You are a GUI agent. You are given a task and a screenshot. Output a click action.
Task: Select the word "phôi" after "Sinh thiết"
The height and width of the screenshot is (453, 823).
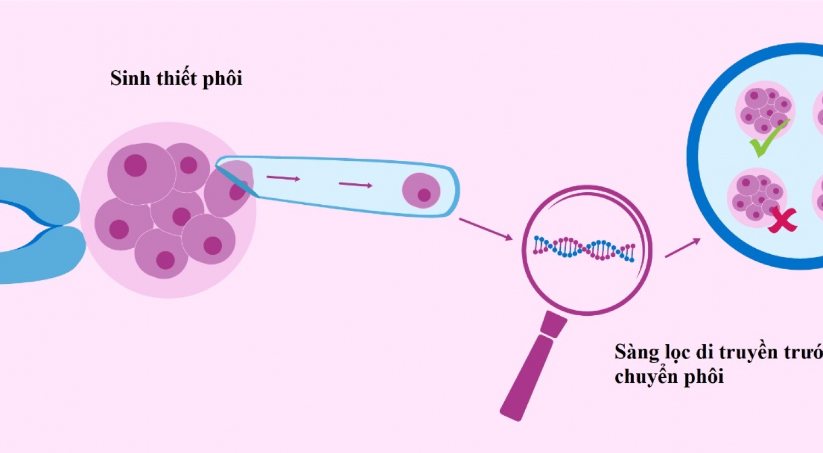pyautogui.click(x=223, y=79)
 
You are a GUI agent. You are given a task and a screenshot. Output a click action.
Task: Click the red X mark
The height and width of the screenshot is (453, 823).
pyautogui.click(x=782, y=220)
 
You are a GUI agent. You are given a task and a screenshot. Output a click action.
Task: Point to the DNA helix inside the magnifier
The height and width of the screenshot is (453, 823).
pyautogui.click(x=584, y=249)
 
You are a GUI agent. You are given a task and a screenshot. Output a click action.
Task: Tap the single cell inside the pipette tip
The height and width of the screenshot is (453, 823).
pyautogui.click(x=421, y=191)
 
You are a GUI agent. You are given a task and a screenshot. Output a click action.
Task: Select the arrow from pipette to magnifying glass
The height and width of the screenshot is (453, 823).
pyautogui.click(x=485, y=228)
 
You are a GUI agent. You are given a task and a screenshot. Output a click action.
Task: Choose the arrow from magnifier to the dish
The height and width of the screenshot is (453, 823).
pyautogui.click(x=683, y=248)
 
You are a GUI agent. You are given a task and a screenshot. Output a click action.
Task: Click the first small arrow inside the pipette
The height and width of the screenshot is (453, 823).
pyautogui.click(x=283, y=178)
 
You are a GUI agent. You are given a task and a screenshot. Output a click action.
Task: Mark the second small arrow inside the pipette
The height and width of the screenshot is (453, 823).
pyautogui.click(x=356, y=184)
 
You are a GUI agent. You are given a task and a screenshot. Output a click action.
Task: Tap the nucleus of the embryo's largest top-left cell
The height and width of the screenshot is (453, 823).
pyautogui.click(x=135, y=165)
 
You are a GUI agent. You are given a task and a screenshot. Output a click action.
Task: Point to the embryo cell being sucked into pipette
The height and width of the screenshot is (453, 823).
pyautogui.click(x=230, y=189)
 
